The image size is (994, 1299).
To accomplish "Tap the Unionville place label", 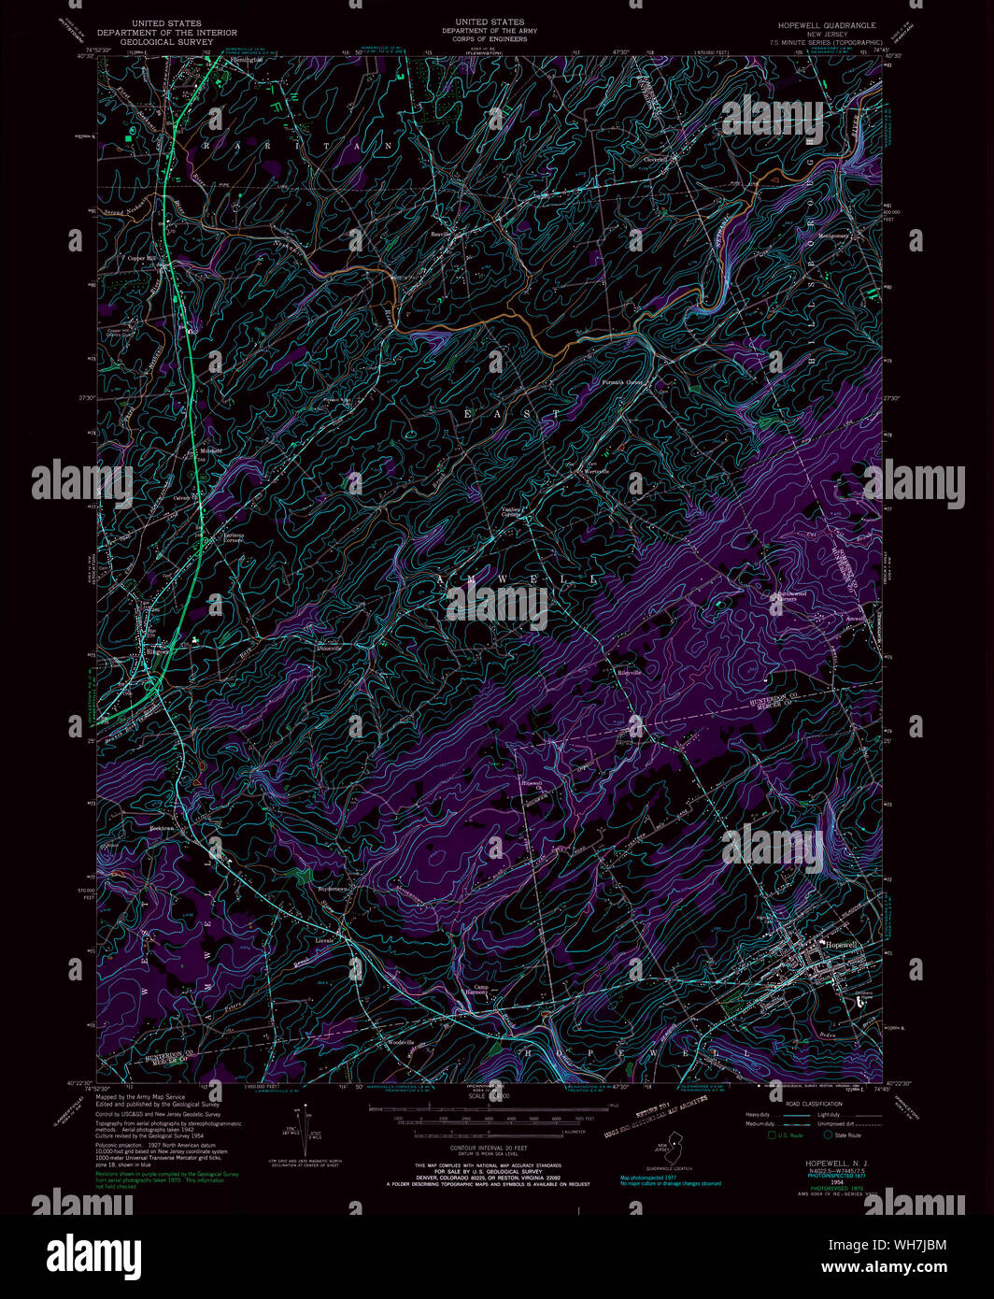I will click(330, 647).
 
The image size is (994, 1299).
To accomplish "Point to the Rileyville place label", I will click(628, 672).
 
